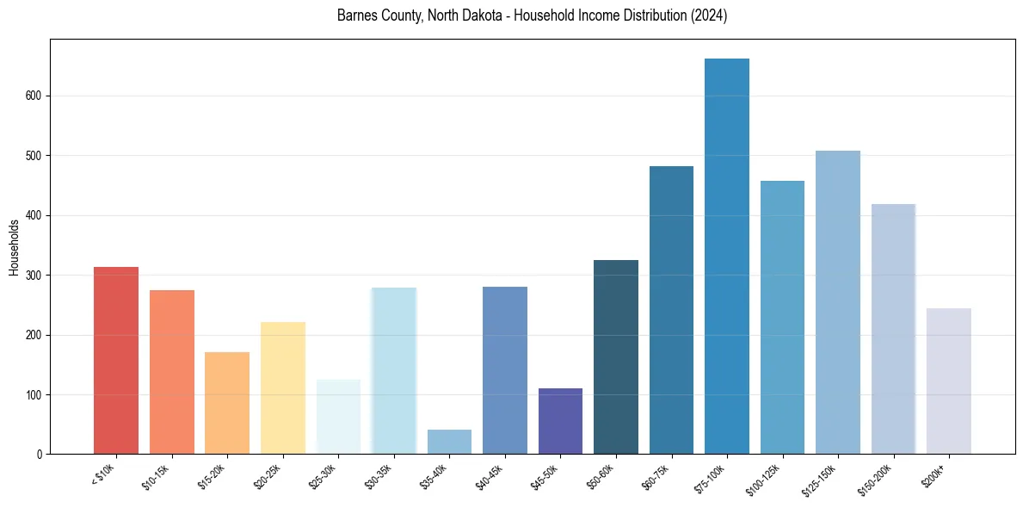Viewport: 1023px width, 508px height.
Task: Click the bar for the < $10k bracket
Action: (116, 361)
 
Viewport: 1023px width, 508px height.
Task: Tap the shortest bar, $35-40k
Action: (449, 442)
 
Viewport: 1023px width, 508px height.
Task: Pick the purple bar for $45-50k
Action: (560, 421)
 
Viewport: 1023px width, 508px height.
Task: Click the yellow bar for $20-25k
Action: (283, 388)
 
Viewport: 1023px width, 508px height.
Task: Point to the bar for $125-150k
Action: (838, 302)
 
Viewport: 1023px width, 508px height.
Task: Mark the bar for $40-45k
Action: (505, 370)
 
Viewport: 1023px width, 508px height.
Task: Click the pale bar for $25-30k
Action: (338, 417)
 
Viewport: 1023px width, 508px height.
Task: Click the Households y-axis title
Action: (15, 247)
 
